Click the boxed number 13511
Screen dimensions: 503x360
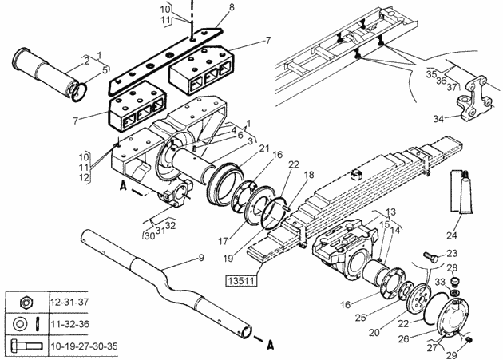pyautogui.click(x=242, y=281)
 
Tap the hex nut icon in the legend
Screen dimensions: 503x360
pyautogui.click(x=27, y=303)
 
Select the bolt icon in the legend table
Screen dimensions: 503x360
pyautogui.click(x=26, y=346)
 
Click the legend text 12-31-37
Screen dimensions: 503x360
pyautogui.click(x=69, y=302)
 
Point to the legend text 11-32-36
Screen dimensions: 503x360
pyautogui.click(x=69, y=324)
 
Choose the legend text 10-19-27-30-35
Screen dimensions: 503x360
pyautogui.click(x=84, y=346)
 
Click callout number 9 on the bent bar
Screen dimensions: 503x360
pyautogui.click(x=201, y=258)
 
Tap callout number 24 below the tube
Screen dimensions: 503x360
pyautogui.click(x=451, y=235)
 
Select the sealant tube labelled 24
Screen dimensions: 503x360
pyautogui.click(x=461, y=192)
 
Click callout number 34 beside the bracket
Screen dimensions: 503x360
pyautogui.click(x=438, y=119)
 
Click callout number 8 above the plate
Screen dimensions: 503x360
pyautogui.click(x=232, y=7)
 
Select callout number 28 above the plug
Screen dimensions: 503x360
pyautogui.click(x=452, y=267)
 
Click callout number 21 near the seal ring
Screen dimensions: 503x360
pyautogui.click(x=264, y=148)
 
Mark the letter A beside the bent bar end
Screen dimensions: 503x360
pyautogui.click(x=271, y=346)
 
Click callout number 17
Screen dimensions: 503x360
pyautogui.click(x=224, y=241)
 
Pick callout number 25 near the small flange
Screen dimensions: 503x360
pyautogui.click(x=361, y=318)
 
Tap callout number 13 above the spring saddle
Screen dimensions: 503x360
pyautogui.click(x=390, y=212)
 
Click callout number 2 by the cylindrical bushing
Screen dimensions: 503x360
pyautogui.click(x=86, y=61)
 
